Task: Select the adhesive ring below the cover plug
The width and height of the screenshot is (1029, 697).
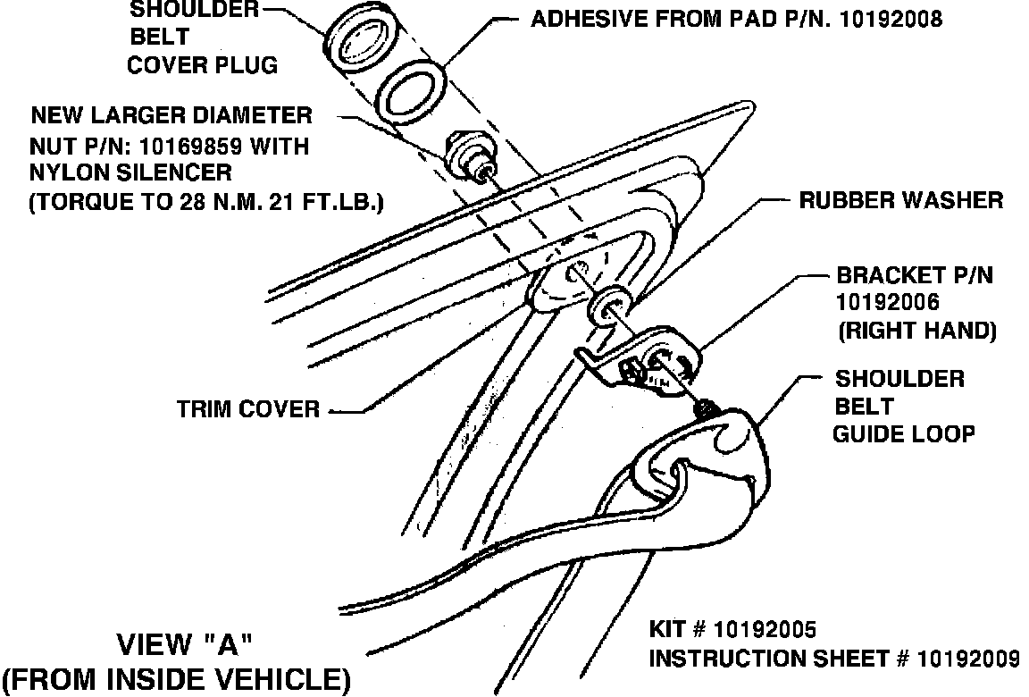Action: (x=412, y=93)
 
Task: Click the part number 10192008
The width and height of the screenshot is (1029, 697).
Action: (x=890, y=18)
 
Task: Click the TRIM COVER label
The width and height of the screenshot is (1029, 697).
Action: (x=247, y=409)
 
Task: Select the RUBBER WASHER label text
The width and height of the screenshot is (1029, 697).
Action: (x=900, y=200)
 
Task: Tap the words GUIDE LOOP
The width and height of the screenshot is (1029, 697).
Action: (x=903, y=434)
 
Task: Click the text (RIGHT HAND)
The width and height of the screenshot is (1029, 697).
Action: (x=916, y=330)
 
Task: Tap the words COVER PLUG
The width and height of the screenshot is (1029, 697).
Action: (x=202, y=64)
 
